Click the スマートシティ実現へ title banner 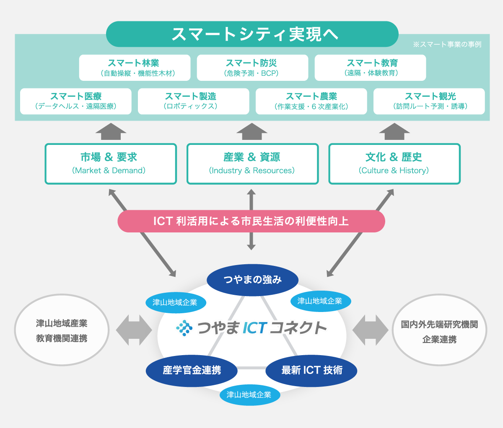pyautogui.click(x=252, y=34)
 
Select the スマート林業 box pyautogui.click(x=135, y=68)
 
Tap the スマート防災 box pyautogui.click(x=252, y=68)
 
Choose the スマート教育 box pyautogui.click(x=370, y=68)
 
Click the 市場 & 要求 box pyautogui.click(x=111, y=164)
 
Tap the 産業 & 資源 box pyautogui.click(x=252, y=164)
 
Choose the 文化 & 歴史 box pyautogui.click(x=394, y=164)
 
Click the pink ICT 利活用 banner pyautogui.click(x=251, y=221)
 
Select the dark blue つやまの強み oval pyautogui.click(x=253, y=279)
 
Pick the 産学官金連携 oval pyautogui.click(x=192, y=370)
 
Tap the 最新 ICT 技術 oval pyautogui.click(x=311, y=370)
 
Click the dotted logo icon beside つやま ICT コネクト pyautogui.click(x=184, y=328)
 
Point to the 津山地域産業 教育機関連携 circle pyautogui.click(x=62, y=330)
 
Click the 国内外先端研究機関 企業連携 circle pyautogui.click(x=439, y=330)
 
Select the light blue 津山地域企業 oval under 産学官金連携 pyautogui.click(x=249, y=394)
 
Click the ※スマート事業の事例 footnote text pyautogui.click(x=447, y=44)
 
